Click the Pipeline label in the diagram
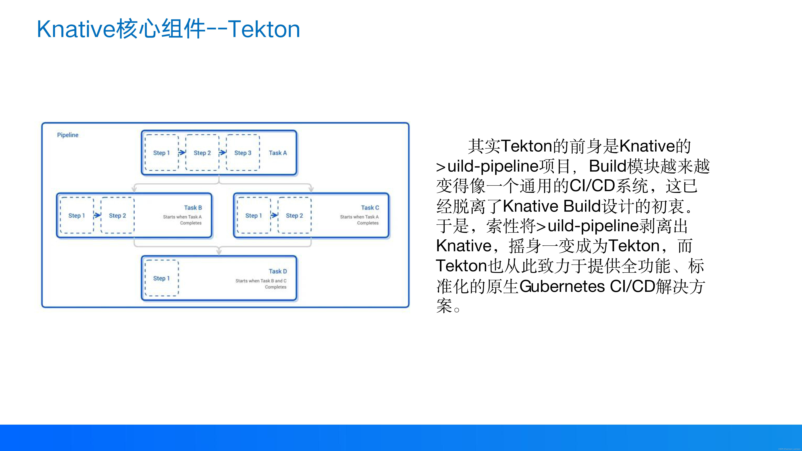pos(68,135)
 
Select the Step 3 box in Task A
pos(243,153)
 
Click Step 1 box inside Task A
pos(162,153)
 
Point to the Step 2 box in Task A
pos(202,153)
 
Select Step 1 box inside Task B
pos(77,215)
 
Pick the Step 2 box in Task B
pos(117,215)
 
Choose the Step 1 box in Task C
pos(254,215)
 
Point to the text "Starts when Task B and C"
pos(261,281)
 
